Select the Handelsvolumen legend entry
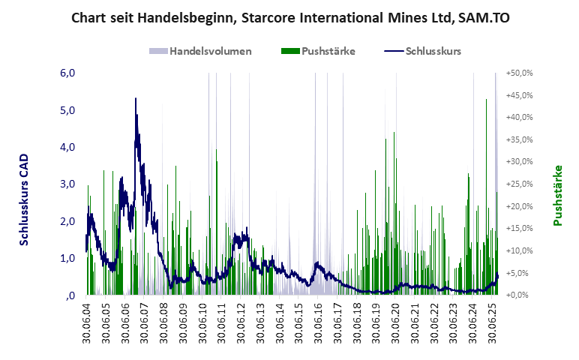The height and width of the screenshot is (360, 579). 210,51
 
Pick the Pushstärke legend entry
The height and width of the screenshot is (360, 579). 328,51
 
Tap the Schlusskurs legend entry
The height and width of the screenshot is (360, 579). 433,51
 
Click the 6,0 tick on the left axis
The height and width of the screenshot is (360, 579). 67,73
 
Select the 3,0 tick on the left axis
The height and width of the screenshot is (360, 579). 67,184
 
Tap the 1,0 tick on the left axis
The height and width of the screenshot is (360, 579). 67,258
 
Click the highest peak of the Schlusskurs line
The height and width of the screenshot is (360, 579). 136,98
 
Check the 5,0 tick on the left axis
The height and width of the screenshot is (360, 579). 67,110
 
